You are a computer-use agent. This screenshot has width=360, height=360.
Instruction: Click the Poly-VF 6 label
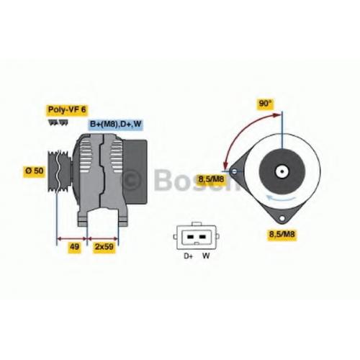67,110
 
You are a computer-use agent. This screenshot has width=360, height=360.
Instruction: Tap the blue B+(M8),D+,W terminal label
115,124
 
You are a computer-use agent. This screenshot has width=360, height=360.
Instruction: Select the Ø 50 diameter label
35,171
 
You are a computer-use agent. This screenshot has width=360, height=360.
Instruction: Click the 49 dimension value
74,246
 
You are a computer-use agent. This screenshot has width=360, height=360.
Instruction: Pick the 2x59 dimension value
104,246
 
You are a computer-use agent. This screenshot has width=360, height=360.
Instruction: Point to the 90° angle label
265,104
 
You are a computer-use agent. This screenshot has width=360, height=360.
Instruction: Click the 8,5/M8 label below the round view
282,233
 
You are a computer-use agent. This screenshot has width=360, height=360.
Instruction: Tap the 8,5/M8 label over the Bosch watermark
211,179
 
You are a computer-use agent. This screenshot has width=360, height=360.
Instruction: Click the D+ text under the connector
189,256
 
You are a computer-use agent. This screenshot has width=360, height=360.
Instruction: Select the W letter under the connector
206,256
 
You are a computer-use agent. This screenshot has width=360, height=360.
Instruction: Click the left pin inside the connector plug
190,237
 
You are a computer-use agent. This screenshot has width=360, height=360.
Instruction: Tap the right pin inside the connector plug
202,237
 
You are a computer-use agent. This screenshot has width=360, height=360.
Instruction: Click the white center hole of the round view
282,171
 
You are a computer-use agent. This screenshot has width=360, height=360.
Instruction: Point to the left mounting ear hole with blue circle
235,171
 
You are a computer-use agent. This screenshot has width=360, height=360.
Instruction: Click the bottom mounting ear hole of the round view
282,218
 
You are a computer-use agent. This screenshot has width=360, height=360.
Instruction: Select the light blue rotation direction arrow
282,199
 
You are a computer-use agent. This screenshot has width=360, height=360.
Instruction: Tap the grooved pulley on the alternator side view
59,171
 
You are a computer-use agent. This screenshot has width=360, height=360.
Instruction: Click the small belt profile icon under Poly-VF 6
58,122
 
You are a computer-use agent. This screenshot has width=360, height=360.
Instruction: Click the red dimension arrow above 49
72,238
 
